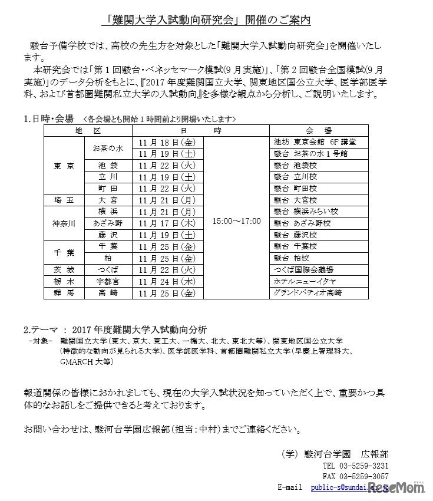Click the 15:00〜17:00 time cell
point(236,222)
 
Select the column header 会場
point(319,130)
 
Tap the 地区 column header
point(88,130)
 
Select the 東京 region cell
point(64,166)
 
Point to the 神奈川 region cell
point(64,223)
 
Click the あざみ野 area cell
point(108,223)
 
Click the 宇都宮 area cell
point(108,281)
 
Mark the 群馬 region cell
point(64,292)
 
